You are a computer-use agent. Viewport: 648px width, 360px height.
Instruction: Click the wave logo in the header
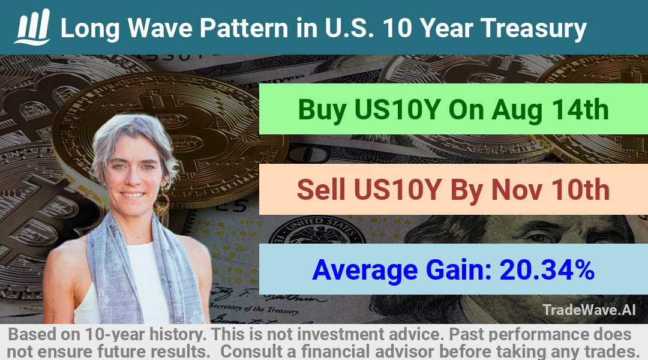coord(32,27)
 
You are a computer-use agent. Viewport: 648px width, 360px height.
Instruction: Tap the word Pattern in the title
coord(244,28)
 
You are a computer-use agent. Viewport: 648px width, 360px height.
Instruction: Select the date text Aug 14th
coord(550,110)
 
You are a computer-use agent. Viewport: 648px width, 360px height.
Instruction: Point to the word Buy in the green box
coord(322,110)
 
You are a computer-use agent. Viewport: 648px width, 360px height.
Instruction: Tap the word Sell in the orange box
coord(321,190)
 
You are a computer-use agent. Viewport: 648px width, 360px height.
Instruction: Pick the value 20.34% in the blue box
coord(547,270)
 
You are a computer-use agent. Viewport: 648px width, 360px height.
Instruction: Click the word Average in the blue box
coord(365,271)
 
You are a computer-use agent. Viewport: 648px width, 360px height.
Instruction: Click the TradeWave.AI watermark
coord(589,310)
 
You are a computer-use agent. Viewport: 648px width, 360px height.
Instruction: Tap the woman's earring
coord(163,203)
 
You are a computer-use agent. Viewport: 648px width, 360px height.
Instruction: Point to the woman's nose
coord(133,179)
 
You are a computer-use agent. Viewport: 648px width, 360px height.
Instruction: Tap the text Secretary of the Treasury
coord(254,308)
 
